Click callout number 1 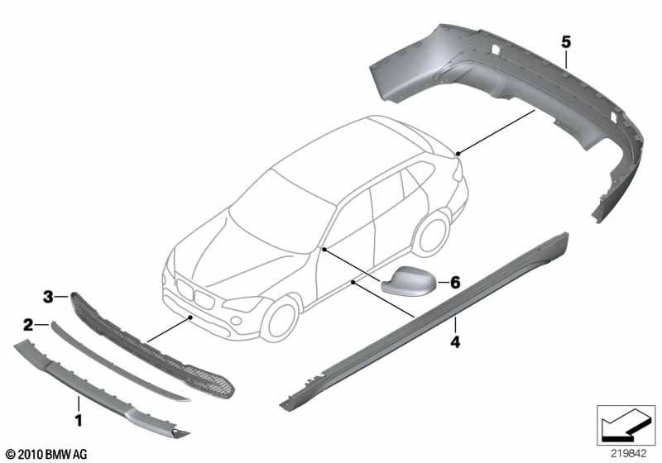click(79, 419)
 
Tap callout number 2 click(28, 325)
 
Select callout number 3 click(48, 297)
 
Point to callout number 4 click(455, 341)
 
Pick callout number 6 click(455, 282)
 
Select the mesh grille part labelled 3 click(152, 346)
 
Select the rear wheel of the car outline click(431, 234)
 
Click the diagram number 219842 click(628, 454)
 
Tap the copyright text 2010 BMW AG click(46, 455)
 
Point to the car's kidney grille click(195, 294)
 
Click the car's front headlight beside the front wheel click(242, 303)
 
